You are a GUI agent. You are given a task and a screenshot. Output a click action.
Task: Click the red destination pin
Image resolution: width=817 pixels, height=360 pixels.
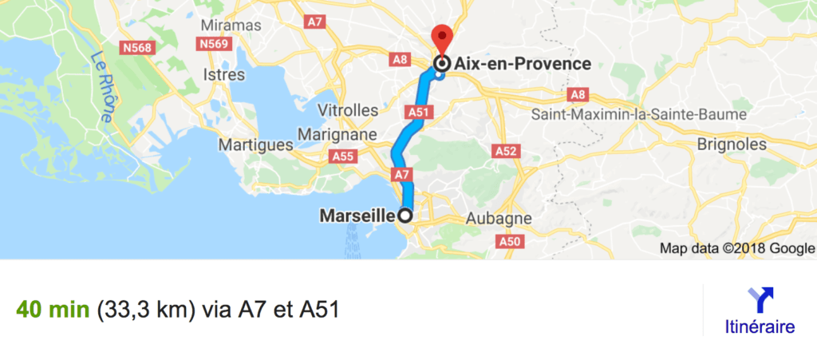[441, 38]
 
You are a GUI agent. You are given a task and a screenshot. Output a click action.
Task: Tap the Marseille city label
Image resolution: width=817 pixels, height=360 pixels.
[357, 216]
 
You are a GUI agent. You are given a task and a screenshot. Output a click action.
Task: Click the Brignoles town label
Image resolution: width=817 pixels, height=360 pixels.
[731, 145]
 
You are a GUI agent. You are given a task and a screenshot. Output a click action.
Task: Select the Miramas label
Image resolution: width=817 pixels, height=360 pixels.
[231, 26]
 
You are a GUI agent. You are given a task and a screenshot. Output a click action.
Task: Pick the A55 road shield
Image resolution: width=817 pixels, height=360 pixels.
[344, 157]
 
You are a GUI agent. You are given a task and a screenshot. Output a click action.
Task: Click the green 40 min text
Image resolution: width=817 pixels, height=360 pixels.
[53, 309]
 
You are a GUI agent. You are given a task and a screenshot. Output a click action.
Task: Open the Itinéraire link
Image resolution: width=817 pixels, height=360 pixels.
[760, 326]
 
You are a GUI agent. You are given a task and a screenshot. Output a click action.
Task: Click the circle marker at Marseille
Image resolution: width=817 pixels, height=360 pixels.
[405, 216]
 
